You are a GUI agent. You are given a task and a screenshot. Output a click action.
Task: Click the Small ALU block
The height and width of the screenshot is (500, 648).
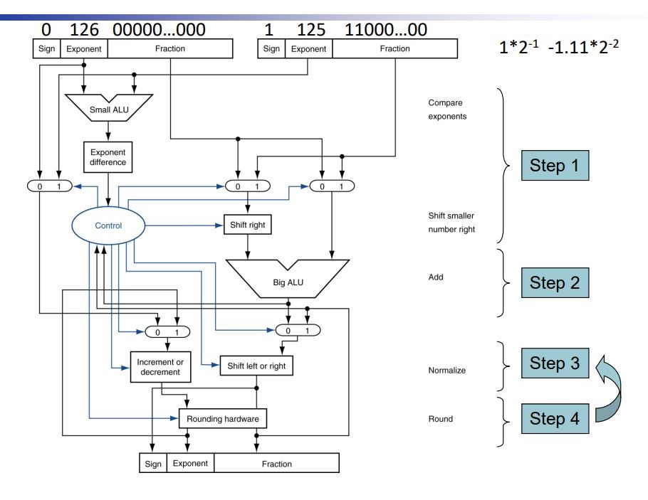[x=110, y=110]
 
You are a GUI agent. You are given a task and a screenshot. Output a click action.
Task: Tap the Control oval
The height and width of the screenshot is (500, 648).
[x=108, y=225]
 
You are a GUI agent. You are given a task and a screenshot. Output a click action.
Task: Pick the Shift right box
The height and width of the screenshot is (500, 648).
[x=247, y=225]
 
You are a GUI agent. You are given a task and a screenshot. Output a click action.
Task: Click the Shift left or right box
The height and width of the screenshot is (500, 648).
[x=256, y=366]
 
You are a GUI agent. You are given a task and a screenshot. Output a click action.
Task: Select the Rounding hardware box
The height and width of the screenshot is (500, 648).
[x=223, y=419]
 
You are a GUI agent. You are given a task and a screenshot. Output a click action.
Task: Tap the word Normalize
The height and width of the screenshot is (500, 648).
[x=447, y=371]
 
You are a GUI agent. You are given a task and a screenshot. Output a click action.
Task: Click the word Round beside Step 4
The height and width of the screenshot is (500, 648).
[x=439, y=419]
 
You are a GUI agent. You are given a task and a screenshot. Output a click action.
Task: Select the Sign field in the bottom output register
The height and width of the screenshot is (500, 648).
[x=152, y=464]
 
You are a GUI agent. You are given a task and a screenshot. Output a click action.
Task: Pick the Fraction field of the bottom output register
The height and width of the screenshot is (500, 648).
[x=276, y=464]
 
